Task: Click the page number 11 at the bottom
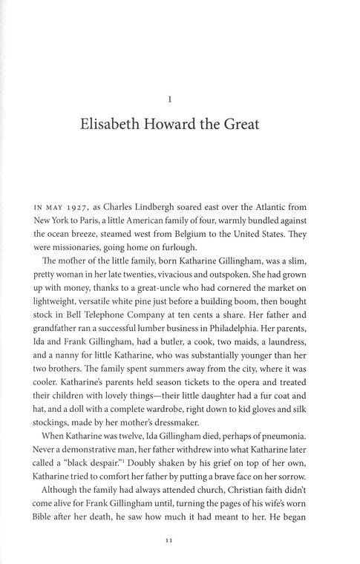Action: [x=180, y=542]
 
